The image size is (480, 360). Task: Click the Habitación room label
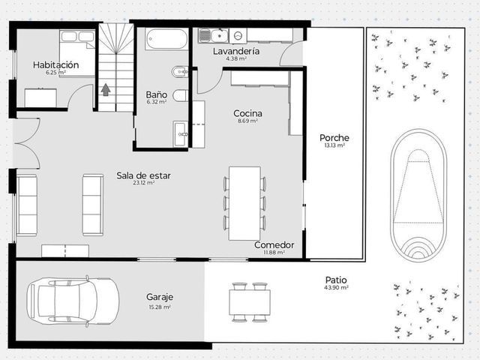56,65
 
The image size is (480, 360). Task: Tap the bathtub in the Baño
166,39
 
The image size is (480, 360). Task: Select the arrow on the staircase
106,90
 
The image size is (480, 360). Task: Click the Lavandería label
236,51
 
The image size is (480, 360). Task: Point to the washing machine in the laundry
238,36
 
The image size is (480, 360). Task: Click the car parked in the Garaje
73,301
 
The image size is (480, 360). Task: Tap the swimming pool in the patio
418,195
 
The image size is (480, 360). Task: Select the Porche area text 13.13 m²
334,145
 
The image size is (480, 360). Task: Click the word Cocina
247,113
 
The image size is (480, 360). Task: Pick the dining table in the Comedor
244,203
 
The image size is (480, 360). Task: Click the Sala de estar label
143,175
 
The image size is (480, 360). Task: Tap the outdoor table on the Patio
250,302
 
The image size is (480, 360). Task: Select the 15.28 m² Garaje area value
160,307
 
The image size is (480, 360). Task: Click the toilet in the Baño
180,95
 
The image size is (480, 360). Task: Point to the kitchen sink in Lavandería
213,36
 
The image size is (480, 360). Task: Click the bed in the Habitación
77,53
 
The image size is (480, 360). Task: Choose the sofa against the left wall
27,205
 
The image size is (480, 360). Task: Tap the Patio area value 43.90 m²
336,288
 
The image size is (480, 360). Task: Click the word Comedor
274,245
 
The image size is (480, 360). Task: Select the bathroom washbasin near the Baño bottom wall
180,133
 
